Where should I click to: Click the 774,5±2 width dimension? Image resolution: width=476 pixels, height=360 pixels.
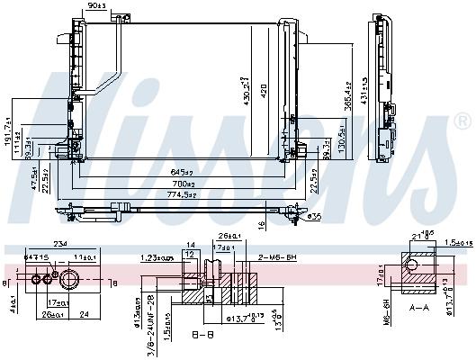[184, 194]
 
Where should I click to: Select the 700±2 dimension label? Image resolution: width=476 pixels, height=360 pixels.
[184, 183]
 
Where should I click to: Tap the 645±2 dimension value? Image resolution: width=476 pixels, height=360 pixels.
[184, 172]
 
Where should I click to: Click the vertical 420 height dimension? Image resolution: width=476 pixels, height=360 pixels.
[265, 90]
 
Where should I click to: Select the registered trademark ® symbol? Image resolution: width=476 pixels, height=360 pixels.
[463, 121]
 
